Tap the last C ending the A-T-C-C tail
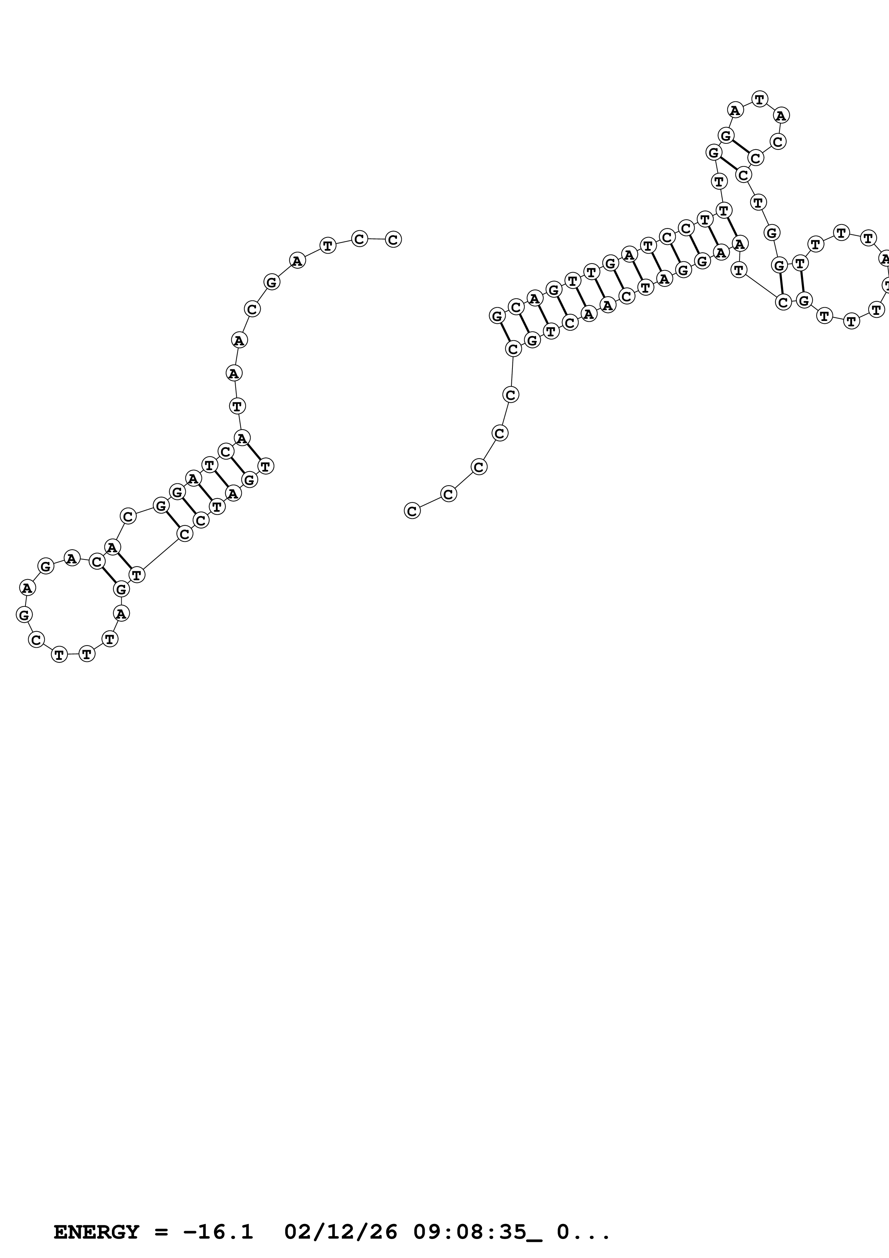coord(393,240)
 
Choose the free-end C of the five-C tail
coord(412,511)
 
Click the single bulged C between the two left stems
coord(128,516)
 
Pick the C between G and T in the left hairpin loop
coord(36,639)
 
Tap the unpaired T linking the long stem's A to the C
coord(739,270)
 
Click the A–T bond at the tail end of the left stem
coord(254,452)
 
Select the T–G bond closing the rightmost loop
coord(802,282)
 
